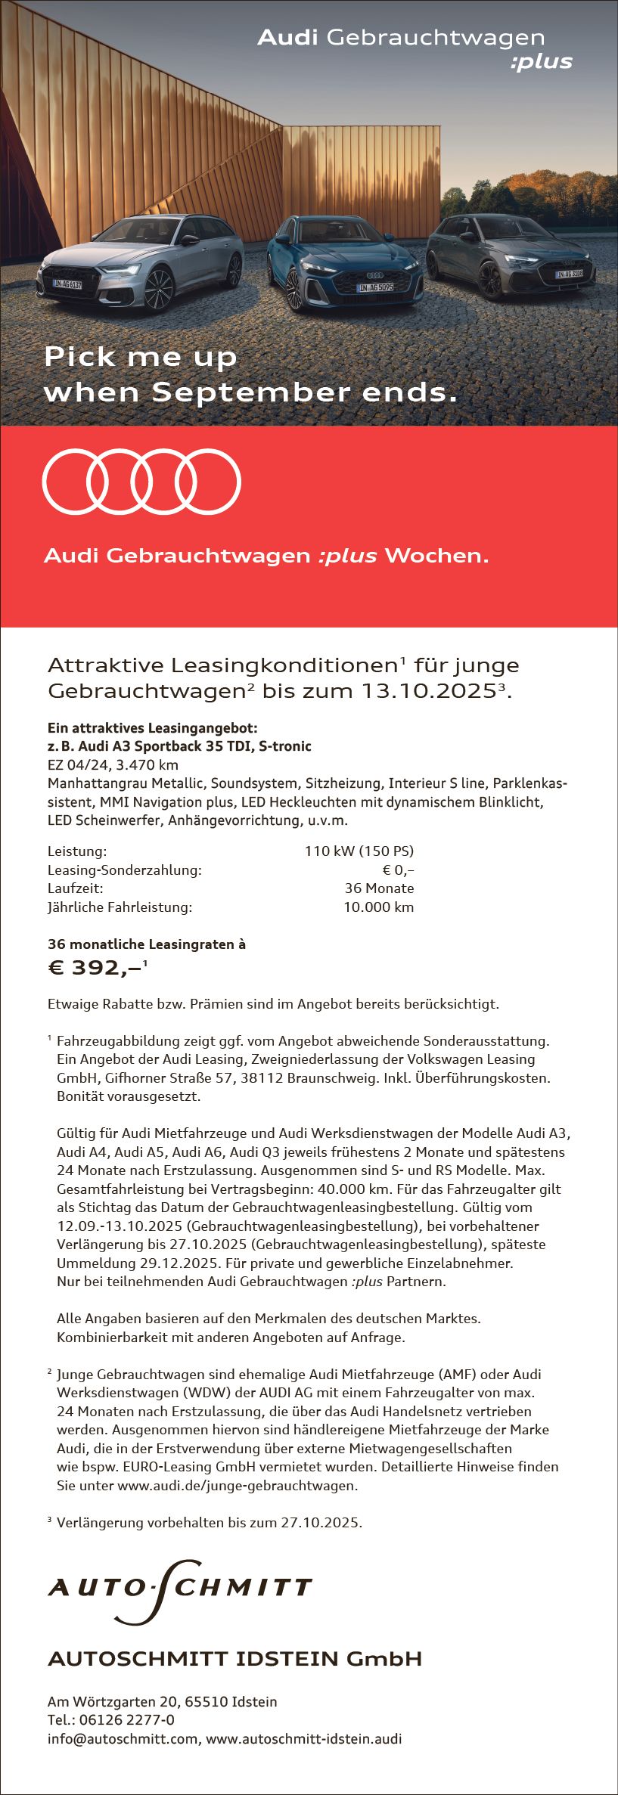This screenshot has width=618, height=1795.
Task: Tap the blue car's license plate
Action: coord(376,287)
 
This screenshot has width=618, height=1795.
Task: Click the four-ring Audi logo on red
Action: coord(141,482)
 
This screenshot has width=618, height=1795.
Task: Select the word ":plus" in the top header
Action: coord(542,63)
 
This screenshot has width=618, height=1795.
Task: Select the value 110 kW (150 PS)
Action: coord(359,851)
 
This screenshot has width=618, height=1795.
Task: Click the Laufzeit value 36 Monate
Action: coord(379,888)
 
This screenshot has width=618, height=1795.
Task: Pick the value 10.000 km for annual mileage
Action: coord(378,907)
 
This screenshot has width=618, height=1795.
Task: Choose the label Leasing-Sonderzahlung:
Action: coord(125,870)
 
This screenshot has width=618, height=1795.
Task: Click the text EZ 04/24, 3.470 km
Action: coord(113,764)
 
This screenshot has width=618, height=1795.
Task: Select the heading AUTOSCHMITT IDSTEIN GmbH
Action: coord(234,1659)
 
